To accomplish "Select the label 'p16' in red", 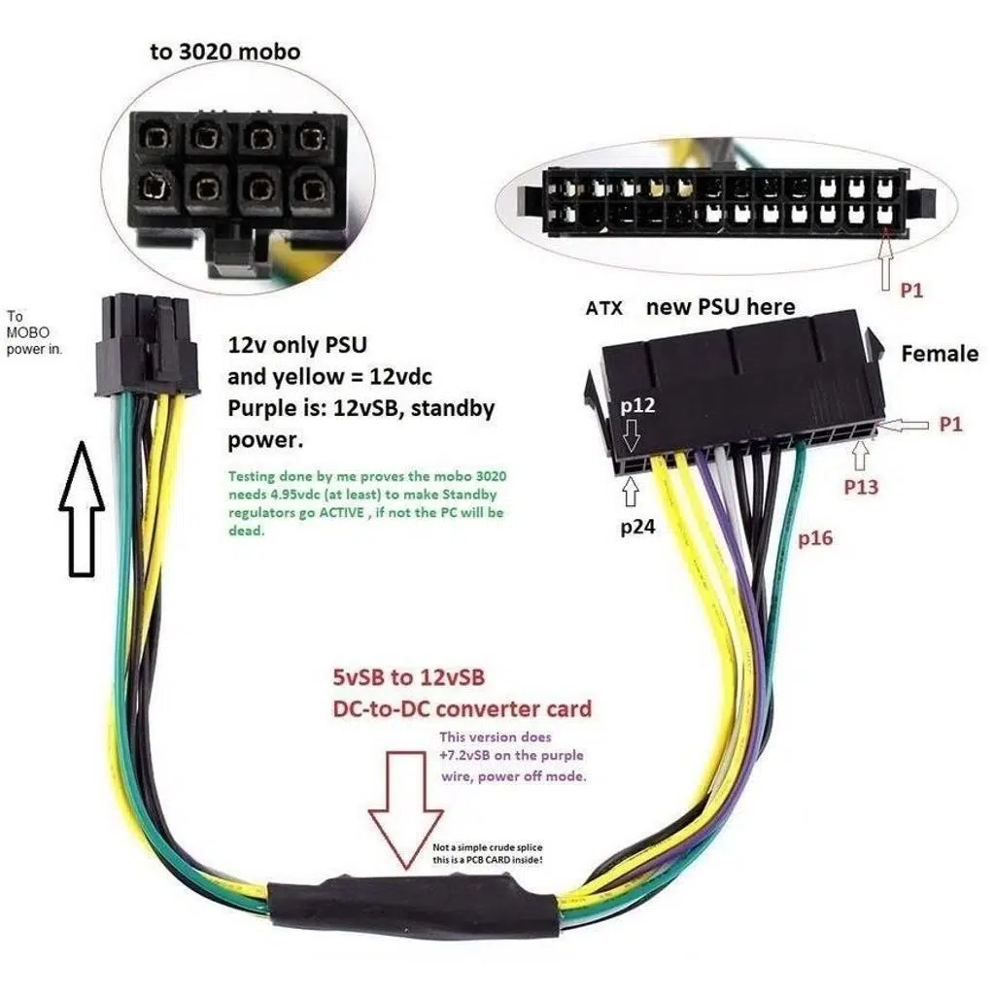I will [x=815, y=538].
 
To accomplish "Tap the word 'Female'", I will [x=939, y=354].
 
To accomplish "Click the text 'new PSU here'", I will [x=720, y=308].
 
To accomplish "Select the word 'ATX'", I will [x=604, y=309].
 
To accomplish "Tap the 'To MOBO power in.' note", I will [x=33, y=333].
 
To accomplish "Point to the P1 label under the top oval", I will [x=910, y=291].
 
